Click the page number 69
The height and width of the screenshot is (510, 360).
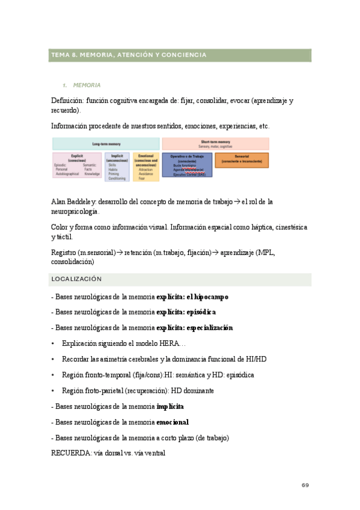tap(305, 485)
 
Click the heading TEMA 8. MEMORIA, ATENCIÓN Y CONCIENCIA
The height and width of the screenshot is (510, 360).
tap(129, 55)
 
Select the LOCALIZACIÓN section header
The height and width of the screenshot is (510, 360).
tap(76, 280)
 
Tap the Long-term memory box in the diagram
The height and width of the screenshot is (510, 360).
tap(106, 144)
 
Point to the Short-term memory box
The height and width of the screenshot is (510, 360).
tap(215, 144)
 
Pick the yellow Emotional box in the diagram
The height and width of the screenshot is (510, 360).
tap(146, 167)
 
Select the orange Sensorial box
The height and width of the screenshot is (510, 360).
tap(242, 161)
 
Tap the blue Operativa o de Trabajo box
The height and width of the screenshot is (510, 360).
tap(187, 164)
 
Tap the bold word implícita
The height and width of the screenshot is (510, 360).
tap(170, 407)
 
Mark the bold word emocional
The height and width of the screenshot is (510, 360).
tap(172, 422)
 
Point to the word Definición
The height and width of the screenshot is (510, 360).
tap(67, 100)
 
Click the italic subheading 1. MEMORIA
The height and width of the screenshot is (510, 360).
tap(86, 85)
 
